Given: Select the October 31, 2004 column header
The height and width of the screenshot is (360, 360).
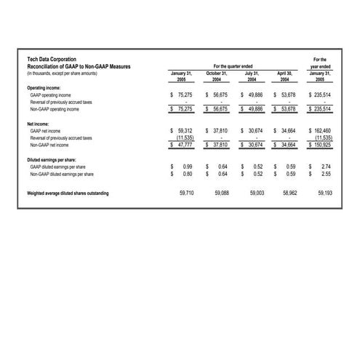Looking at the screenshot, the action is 217,76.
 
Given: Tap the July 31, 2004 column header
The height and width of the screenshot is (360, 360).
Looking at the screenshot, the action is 252,76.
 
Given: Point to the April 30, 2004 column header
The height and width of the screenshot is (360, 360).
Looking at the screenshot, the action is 284,76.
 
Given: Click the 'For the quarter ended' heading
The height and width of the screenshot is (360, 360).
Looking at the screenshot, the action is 233,66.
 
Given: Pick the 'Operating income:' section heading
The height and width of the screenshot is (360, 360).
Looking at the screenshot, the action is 44,88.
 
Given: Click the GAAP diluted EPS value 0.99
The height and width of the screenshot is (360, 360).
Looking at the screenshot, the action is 186,167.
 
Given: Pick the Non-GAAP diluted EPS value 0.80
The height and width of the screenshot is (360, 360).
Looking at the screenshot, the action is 186,174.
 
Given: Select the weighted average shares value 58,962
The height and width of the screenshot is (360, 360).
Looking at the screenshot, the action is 288,193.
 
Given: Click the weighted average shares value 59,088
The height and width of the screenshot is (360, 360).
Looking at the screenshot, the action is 220,193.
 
